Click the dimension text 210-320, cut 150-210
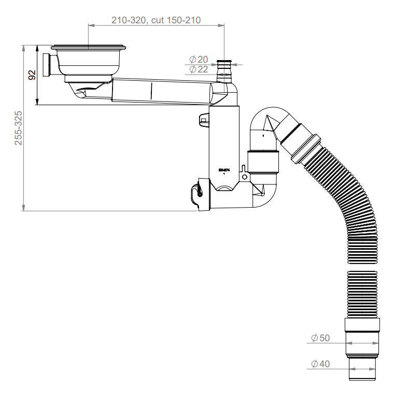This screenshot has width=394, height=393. click(x=156, y=20)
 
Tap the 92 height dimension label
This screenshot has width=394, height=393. click(x=32, y=75)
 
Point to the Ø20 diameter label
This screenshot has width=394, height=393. click(x=199, y=60)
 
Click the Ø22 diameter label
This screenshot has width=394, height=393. click(x=199, y=69)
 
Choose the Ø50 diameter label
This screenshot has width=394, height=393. click(x=320, y=338)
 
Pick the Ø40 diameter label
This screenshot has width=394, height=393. click(x=320, y=364)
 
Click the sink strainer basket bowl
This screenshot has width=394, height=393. click(x=89, y=62)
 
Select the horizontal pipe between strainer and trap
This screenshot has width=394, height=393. click(x=161, y=92)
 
